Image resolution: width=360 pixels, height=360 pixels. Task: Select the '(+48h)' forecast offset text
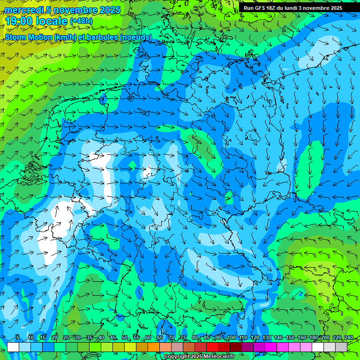[81, 21]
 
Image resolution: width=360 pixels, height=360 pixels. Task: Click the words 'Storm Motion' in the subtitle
[29, 37]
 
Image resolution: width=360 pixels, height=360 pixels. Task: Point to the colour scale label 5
[17, 337]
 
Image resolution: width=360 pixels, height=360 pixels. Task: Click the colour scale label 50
[124, 337]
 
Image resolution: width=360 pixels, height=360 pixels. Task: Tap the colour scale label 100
[231, 337]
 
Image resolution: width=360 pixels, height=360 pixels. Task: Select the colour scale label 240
[348, 337]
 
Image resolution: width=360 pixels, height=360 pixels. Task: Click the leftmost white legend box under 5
[13, 347]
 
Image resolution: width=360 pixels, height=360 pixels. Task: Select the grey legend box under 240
[341, 347]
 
